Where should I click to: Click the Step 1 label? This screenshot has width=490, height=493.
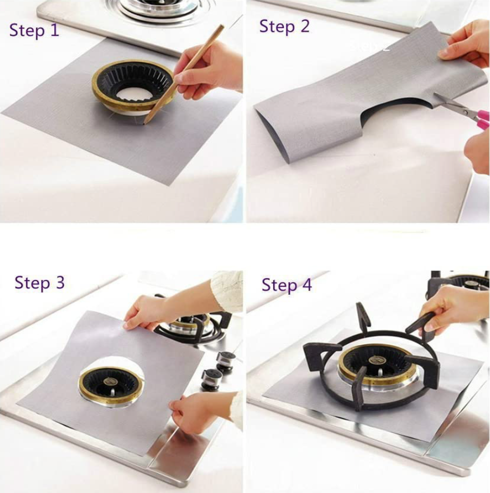point(34,30)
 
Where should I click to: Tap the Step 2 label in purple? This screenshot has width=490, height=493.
point(284,27)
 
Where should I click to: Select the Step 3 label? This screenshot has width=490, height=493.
point(39,283)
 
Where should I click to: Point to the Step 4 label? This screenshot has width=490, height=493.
point(286,285)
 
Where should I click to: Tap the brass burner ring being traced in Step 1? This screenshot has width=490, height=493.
point(101,90)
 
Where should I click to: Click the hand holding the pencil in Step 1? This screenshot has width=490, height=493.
point(213,69)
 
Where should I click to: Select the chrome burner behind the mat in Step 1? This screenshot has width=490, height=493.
point(159,8)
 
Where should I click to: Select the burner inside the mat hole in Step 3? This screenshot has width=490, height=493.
point(111,384)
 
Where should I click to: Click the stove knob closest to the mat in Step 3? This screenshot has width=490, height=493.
point(211,379)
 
